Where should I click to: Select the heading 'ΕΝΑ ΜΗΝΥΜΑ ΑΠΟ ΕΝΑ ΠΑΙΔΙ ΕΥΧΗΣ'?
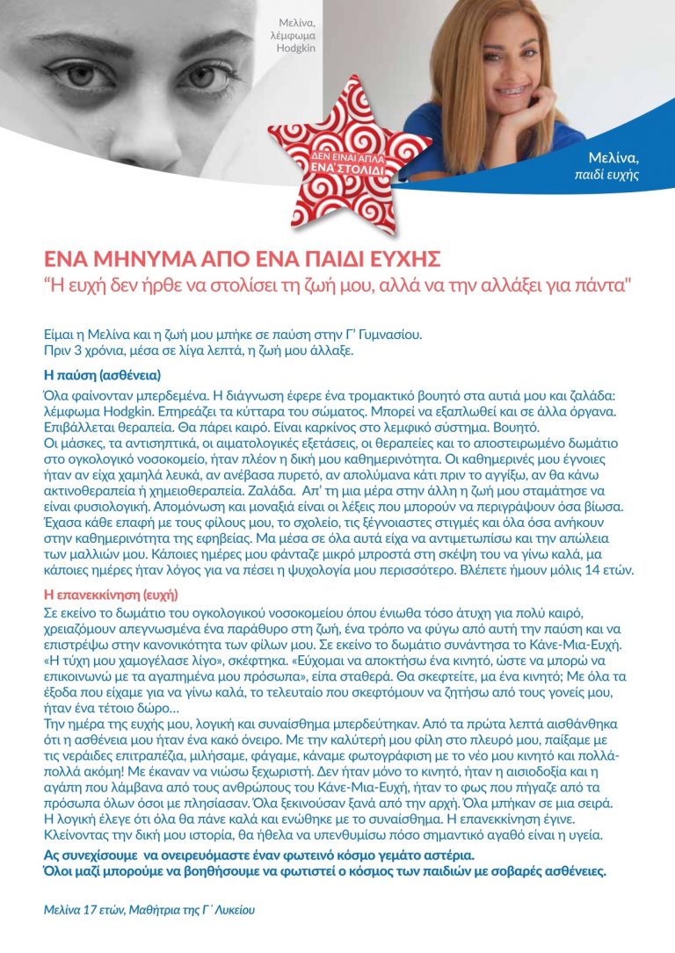[243, 260]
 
